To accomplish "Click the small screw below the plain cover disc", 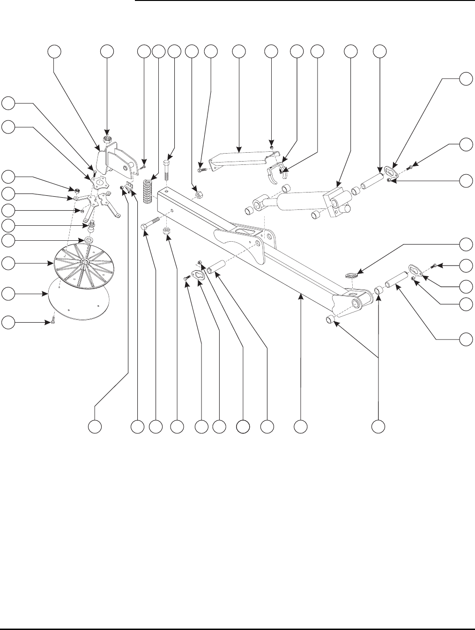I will [53, 323].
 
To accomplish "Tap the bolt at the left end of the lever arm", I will [200, 171].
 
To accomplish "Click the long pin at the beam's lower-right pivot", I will [396, 282].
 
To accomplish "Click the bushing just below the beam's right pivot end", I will [330, 320].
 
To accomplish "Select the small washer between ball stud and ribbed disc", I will [87, 240].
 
